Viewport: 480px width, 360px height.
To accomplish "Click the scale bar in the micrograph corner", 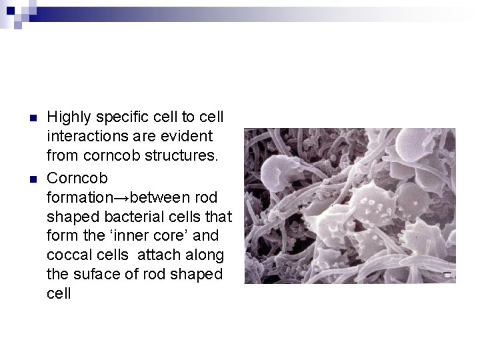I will coord(448,275).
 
